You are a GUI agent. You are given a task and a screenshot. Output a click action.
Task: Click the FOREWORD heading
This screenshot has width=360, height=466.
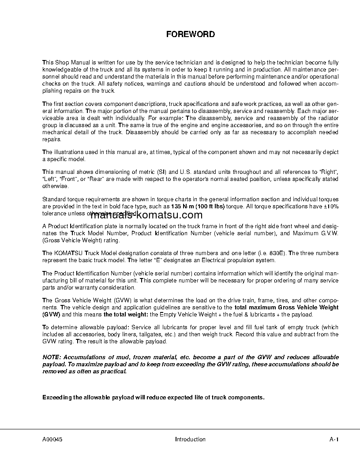coord(190,34)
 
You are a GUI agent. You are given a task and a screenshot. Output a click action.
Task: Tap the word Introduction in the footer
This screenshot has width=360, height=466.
coord(190,439)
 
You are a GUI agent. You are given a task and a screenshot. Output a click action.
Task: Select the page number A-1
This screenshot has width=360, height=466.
coord(334,439)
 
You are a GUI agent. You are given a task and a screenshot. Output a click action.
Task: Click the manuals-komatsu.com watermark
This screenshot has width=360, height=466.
coord(146,215)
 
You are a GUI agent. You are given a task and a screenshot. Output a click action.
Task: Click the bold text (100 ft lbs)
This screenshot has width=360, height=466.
coord(210,206)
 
